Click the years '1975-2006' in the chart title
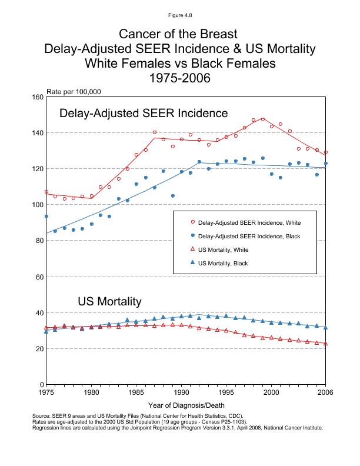click(x=180, y=77)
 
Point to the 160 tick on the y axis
click(x=36, y=97)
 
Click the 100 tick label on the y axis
click(x=36, y=205)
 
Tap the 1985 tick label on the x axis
click(x=136, y=392)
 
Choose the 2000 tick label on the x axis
click(x=271, y=392)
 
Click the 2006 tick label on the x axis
click(x=325, y=392)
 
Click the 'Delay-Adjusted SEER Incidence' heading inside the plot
click(x=144, y=113)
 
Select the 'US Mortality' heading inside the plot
click(x=109, y=302)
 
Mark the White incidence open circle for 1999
click(x=262, y=119)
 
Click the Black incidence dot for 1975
click(x=46, y=217)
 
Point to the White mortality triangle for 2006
click(x=325, y=343)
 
